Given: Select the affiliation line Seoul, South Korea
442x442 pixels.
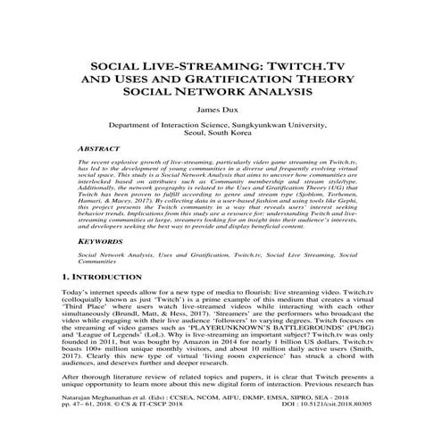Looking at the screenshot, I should click(221, 138).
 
